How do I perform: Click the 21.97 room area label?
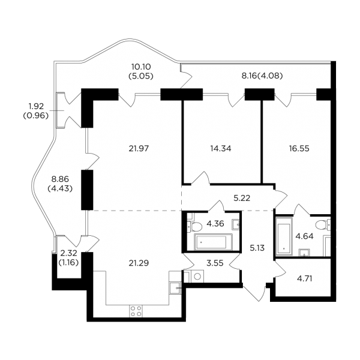click(139, 149)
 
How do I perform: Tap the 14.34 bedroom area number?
click(221, 149)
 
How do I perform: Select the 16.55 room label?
click(299, 149)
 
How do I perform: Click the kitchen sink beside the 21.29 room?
click(175, 288)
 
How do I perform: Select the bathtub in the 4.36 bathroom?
click(213, 242)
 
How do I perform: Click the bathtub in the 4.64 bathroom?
click(284, 236)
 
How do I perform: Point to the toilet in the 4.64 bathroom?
click(323, 225)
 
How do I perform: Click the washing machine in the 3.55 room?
click(197, 276)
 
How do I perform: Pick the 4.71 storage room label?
click(304, 279)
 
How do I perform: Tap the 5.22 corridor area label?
click(242, 198)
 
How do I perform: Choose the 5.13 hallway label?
click(257, 248)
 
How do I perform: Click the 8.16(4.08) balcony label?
click(262, 76)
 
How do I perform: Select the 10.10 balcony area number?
click(141, 67)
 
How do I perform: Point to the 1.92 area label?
click(36, 106)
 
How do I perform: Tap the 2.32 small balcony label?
click(68, 253)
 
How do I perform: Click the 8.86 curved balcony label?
click(60, 179)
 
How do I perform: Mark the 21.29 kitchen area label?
click(139, 263)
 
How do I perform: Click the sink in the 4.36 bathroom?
click(236, 224)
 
